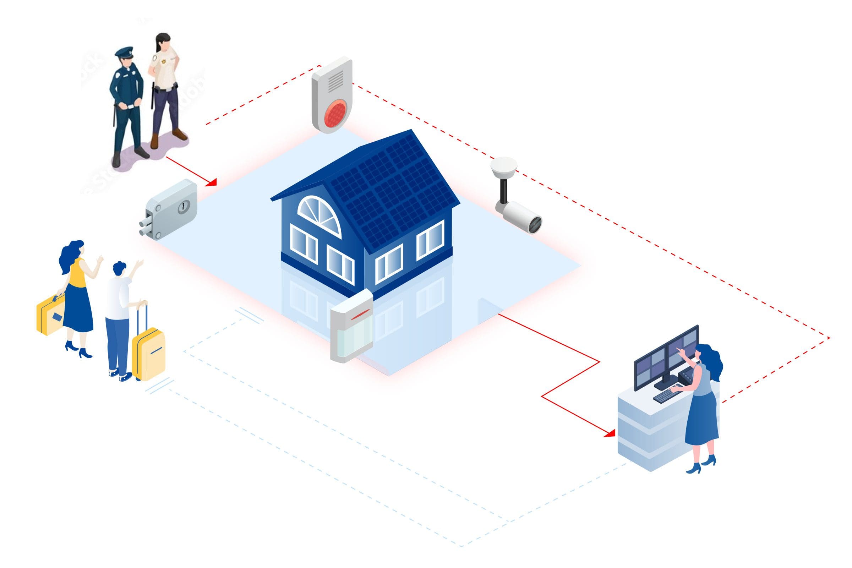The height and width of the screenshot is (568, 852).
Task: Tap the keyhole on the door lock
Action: pos(184,207)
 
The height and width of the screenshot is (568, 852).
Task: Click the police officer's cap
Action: pos(124,52)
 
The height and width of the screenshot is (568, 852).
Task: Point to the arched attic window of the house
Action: pos(319,215)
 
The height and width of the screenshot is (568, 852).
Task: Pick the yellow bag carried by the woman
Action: pos(50,315)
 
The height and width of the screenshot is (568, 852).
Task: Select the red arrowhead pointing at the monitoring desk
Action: pos(610,433)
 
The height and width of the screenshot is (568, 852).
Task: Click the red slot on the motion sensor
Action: pos(361,316)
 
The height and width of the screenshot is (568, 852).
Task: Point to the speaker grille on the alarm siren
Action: pos(335,82)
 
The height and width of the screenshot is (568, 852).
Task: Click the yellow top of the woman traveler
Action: pos(78,272)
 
